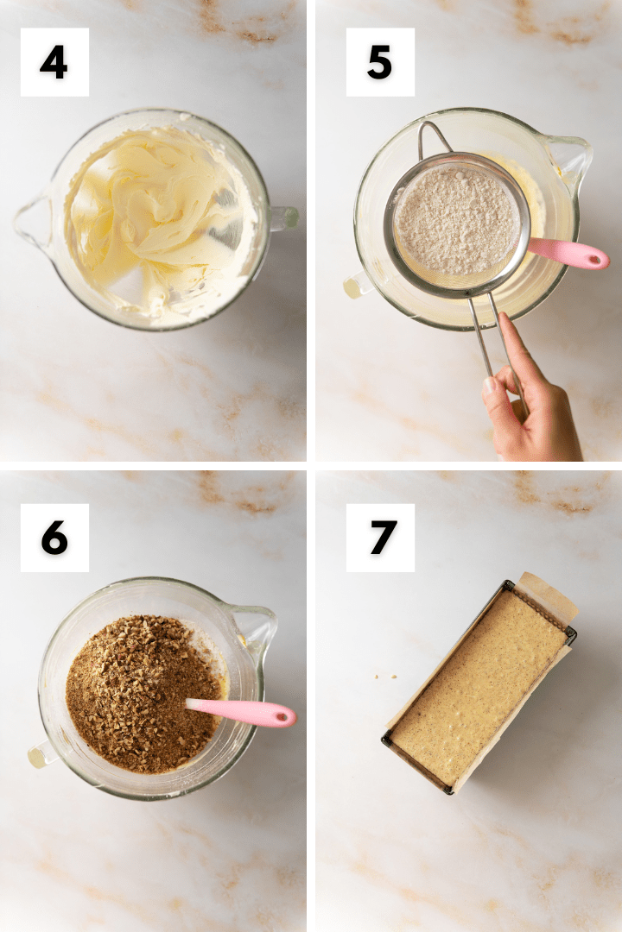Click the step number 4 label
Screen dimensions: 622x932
[54, 62]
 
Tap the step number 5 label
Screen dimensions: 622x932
[380, 62]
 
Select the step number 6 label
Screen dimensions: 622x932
[54, 538]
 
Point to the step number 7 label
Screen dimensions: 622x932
[380, 538]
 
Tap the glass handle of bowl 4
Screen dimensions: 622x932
[283, 218]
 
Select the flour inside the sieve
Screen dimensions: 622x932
[456, 221]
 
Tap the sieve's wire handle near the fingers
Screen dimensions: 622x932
[495, 344]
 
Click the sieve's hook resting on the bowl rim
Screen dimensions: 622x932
[432, 136]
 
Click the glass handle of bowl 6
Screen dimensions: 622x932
[41, 755]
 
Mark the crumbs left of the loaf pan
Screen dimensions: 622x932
[385, 676]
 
